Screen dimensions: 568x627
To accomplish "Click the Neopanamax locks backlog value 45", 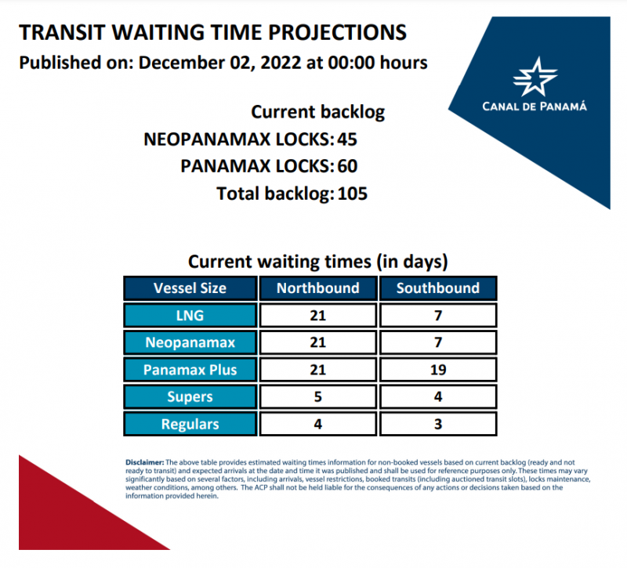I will [x=348, y=139].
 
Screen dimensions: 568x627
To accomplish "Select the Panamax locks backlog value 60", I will [x=348, y=166].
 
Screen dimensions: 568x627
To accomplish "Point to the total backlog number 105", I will [x=352, y=193].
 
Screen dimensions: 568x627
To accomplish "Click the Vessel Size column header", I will [x=190, y=288].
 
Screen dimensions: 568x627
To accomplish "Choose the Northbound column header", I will [x=317, y=288].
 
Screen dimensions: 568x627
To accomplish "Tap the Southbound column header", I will [x=437, y=288].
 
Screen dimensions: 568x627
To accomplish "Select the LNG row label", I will [x=190, y=315].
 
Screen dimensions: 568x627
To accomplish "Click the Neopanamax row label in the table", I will [x=190, y=342].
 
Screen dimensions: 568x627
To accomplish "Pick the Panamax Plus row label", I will [x=190, y=369].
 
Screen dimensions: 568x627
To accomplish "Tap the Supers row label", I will [x=190, y=396].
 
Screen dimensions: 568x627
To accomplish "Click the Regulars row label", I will [x=190, y=424].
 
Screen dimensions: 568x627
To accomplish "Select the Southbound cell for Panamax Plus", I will [x=437, y=369].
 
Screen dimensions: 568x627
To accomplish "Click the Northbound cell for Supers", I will [x=317, y=396].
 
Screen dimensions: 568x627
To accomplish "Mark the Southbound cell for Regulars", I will [x=437, y=424].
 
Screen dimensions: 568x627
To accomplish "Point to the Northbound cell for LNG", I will [x=317, y=315].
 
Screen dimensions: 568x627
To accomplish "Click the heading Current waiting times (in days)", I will [x=317, y=261].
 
